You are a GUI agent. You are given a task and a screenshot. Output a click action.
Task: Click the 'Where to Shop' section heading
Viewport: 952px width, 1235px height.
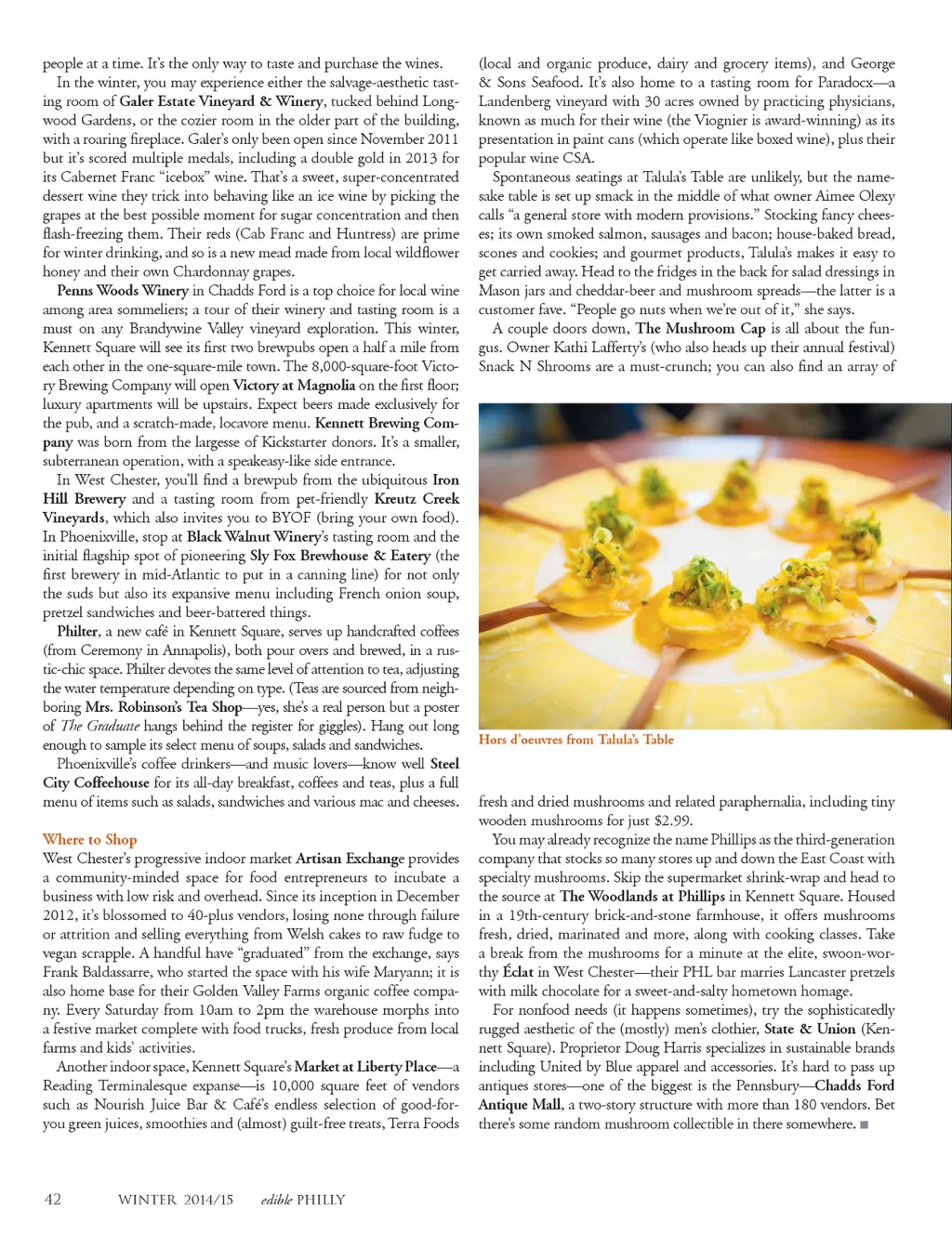[x=89, y=840]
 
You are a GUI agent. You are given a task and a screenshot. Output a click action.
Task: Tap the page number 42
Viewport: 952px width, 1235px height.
[x=53, y=1199]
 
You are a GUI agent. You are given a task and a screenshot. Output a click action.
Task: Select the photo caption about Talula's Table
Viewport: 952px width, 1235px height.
[x=575, y=740]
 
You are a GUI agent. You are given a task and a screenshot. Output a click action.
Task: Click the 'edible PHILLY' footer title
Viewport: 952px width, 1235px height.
[x=303, y=1200]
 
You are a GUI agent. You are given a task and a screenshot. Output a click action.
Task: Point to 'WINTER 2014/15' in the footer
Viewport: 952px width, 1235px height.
[x=175, y=1200]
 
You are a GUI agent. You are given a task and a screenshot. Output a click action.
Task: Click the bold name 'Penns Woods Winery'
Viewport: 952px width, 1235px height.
[x=123, y=291]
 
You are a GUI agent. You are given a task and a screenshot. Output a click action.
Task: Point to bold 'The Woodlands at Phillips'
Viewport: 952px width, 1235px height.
[x=641, y=897]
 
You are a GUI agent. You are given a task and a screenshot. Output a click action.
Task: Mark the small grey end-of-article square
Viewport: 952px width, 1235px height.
[x=865, y=1124]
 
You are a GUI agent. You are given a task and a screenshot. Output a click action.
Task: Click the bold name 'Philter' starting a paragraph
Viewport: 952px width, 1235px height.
[x=77, y=632]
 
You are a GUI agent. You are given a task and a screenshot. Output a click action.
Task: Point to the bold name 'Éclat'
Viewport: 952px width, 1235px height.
[x=518, y=972]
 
